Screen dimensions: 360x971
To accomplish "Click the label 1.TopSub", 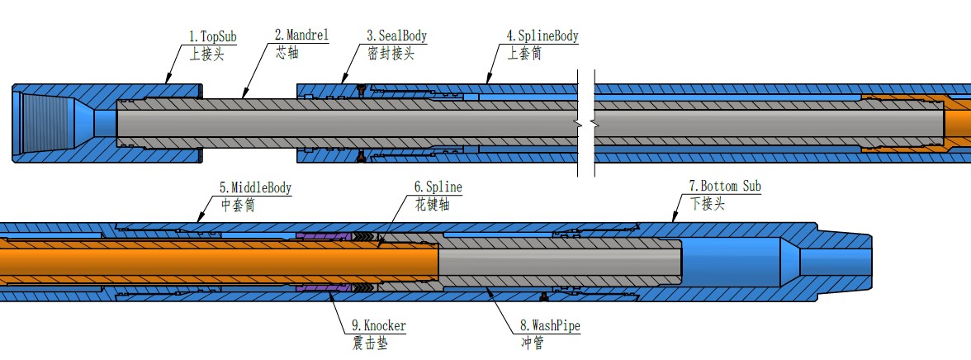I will point(213,36).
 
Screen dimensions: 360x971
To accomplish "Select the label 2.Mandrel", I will point(301,36).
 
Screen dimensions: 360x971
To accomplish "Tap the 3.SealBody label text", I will point(397,36).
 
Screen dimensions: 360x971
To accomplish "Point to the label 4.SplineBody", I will point(542,36).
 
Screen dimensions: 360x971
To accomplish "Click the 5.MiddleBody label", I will point(255,187).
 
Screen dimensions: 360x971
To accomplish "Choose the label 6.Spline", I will point(438,187).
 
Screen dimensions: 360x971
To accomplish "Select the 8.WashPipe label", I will point(545,326).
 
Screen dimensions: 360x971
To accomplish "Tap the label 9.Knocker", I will point(379,326).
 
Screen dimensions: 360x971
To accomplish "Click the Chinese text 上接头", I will point(206,54).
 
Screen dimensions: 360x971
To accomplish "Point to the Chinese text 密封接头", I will point(391,54).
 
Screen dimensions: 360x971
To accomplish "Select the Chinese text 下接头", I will point(707,205).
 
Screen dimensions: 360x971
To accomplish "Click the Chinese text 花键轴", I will point(431,205).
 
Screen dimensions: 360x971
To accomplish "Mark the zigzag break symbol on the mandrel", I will point(584,124).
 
